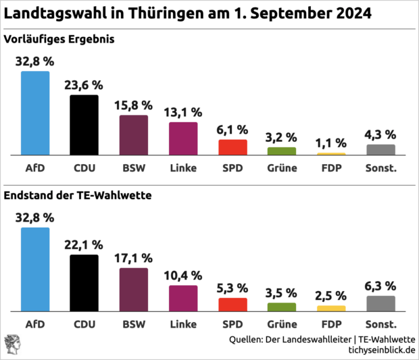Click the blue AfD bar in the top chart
[x=35, y=112]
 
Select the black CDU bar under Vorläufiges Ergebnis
[x=84, y=125]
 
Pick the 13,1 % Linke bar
[x=183, y=138]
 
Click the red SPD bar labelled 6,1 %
[x=232, y=147]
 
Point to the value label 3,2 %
[x=282, y=137]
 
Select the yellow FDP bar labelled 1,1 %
[x=331, y=154]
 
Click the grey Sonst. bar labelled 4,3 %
[x=380, y=149]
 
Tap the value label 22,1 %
[x=84, y=245]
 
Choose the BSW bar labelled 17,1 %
[x=134, y=289]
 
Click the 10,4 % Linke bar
[x=183, y=298]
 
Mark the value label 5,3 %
[x=232, y=288]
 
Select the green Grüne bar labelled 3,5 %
[x=282, y=307]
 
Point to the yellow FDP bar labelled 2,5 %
[x=331, y=308]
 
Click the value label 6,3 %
[x=380, y=286]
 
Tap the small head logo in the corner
[x=12, y=343]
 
